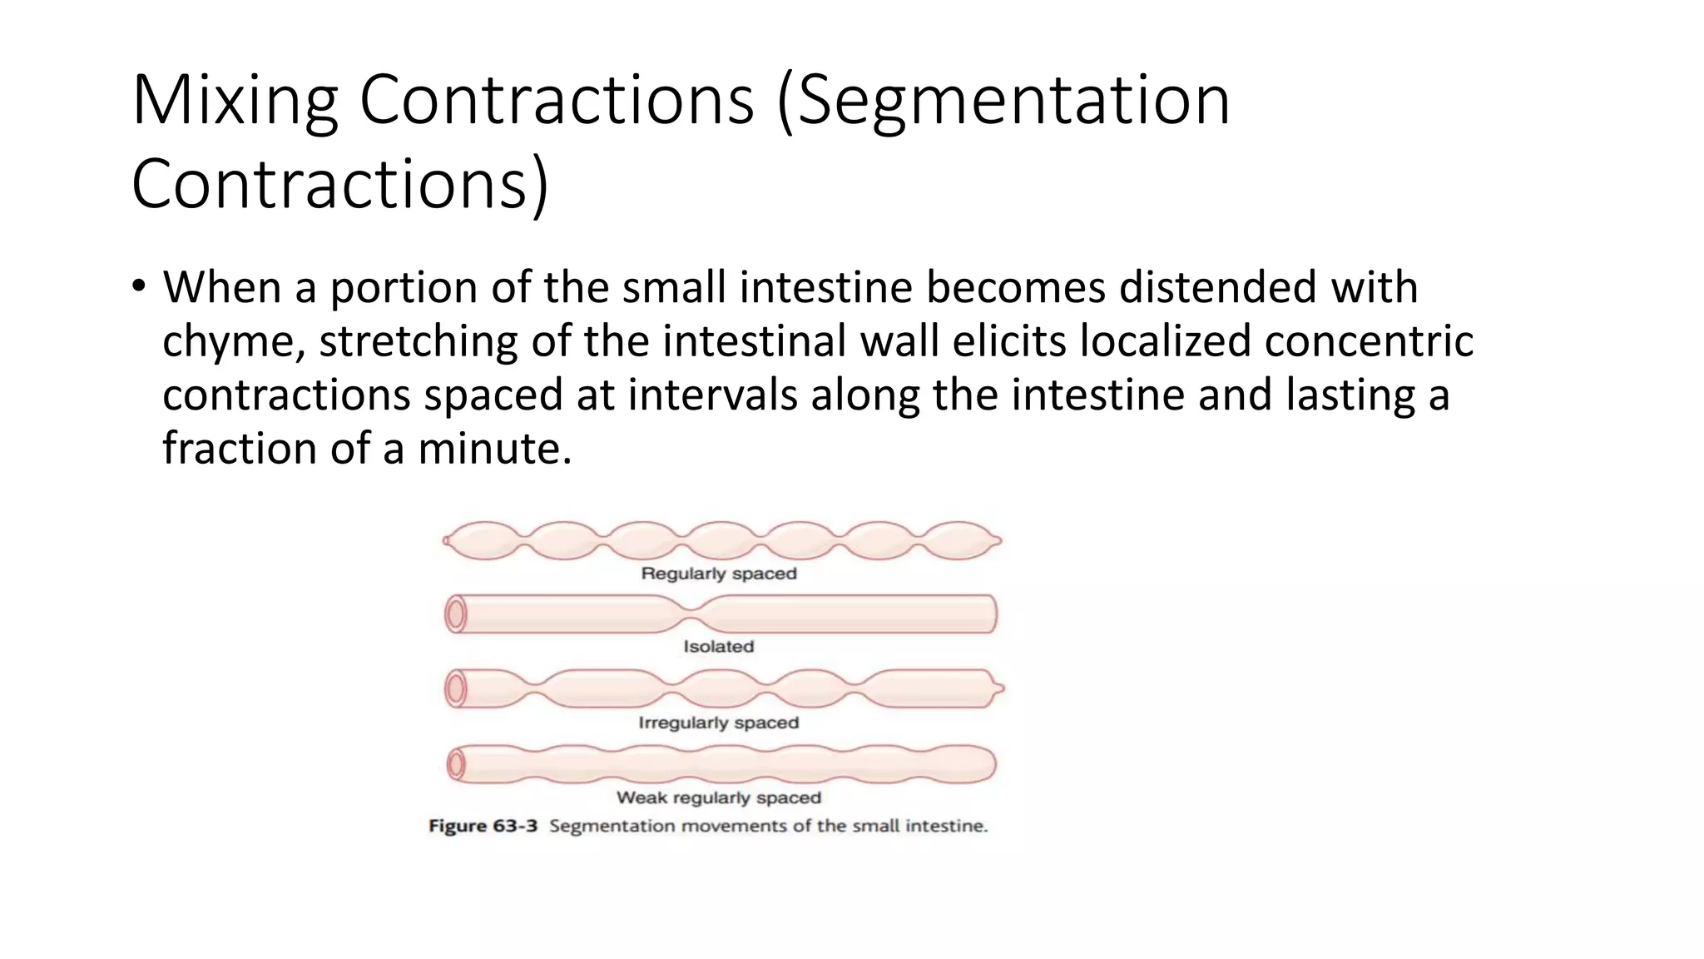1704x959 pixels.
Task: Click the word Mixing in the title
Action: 234,102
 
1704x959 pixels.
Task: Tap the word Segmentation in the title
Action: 1013,102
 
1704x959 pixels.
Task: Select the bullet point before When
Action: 138,287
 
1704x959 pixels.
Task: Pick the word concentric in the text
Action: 1369,341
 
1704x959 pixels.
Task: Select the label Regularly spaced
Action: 719,574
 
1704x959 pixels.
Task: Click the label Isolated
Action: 719,647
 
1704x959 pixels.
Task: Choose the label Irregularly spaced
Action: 719,723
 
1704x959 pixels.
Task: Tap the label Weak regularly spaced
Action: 719,798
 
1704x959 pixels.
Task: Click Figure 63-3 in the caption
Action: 483,826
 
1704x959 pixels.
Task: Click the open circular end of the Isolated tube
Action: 455,615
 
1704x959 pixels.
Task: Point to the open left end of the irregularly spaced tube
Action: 455,689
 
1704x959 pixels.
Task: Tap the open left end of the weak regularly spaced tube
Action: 455,764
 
